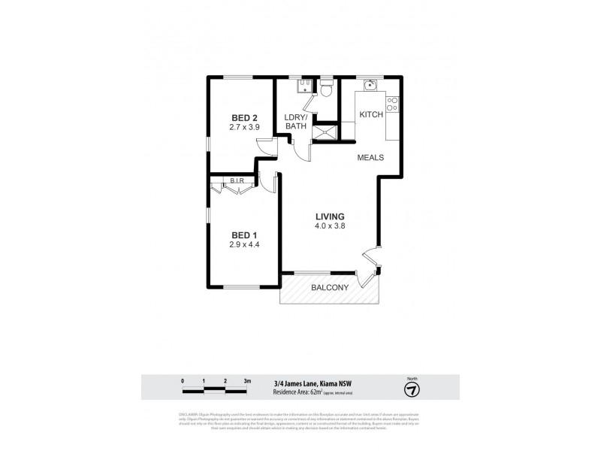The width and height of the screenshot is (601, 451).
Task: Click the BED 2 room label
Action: [245, 117]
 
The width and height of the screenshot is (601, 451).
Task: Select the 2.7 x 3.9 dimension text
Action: [245, 127]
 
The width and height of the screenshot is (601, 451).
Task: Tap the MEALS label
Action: [370, 158]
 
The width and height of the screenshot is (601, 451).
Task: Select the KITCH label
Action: [371, 115]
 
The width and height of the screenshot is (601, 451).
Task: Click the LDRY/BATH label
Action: [295, 122]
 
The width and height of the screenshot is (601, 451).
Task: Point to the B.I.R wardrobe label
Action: [236, 181]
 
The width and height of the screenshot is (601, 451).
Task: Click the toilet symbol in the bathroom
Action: [325, 90]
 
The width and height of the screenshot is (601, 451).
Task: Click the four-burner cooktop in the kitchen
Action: [392, 104]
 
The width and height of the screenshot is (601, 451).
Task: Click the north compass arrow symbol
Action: [411, 390]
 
